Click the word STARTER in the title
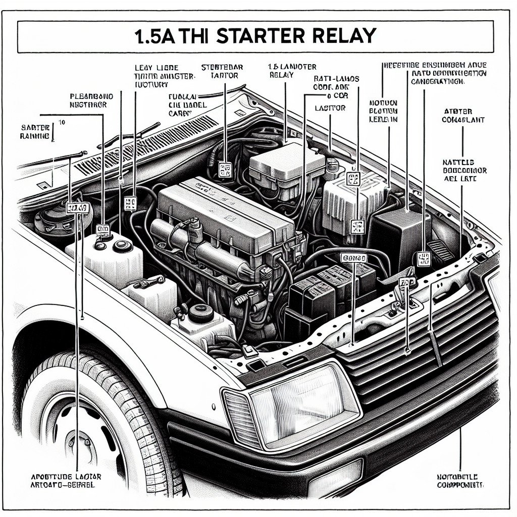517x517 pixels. [x=260, y=36]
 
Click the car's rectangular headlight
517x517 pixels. [x=302, y=404]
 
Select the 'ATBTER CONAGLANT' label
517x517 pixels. [x=463, y=116]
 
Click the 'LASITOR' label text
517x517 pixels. [x=330, y=108]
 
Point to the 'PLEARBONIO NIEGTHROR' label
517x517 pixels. [x=91, y=100]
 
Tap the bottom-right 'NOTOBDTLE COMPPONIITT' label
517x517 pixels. [x=459, y=481]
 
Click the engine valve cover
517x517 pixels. [x=222, y=212]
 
